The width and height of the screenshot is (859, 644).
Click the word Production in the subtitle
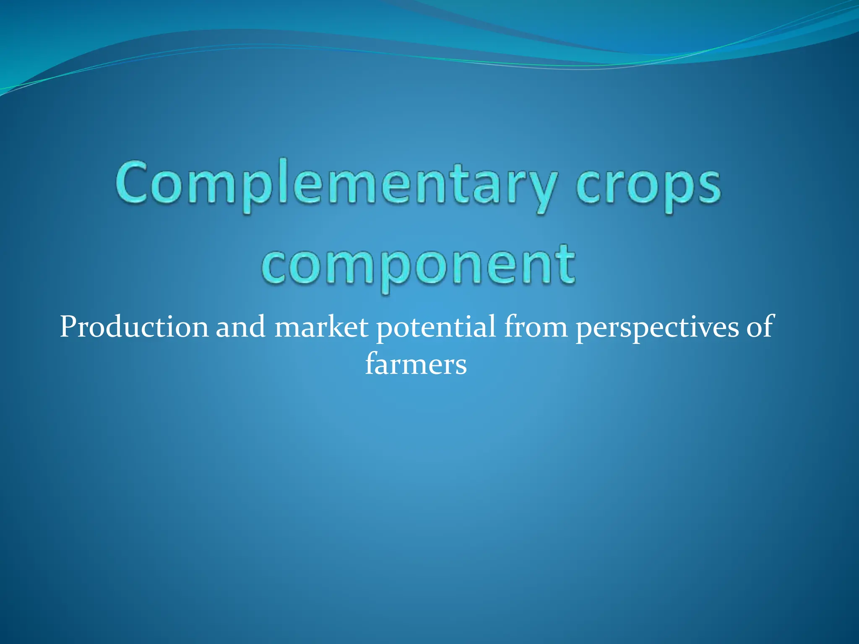134,327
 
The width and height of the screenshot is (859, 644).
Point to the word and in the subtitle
240,327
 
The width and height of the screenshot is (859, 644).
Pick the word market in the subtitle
321,327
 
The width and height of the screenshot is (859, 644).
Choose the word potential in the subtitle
436,327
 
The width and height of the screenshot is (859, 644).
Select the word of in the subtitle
760,327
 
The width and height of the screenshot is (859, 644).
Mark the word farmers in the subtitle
416,364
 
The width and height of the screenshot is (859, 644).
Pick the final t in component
566,264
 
